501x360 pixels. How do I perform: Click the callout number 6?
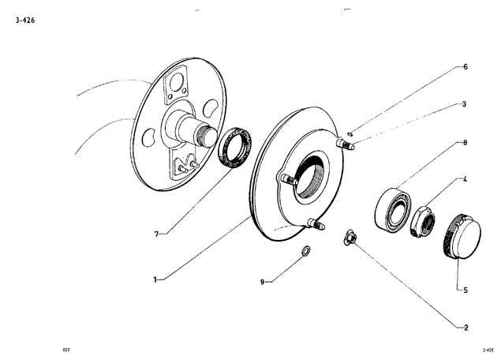465,67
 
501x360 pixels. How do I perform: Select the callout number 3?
464,104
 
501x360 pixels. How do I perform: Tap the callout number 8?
465,142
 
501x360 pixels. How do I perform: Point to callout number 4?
465,179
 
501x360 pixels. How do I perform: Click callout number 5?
465,291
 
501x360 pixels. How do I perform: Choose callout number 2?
466,328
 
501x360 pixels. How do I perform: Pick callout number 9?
262,282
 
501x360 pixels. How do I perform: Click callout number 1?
155,280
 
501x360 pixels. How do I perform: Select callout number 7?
156,234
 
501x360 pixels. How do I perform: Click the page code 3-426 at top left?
25,21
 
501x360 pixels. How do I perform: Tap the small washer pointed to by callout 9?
306,250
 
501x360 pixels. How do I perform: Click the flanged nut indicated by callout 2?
350,237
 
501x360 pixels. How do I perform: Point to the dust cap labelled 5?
463,236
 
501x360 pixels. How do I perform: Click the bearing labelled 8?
393,209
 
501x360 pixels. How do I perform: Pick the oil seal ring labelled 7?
234,147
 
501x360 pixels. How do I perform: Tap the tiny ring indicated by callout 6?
350,134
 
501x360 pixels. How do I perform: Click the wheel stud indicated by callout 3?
346,144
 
